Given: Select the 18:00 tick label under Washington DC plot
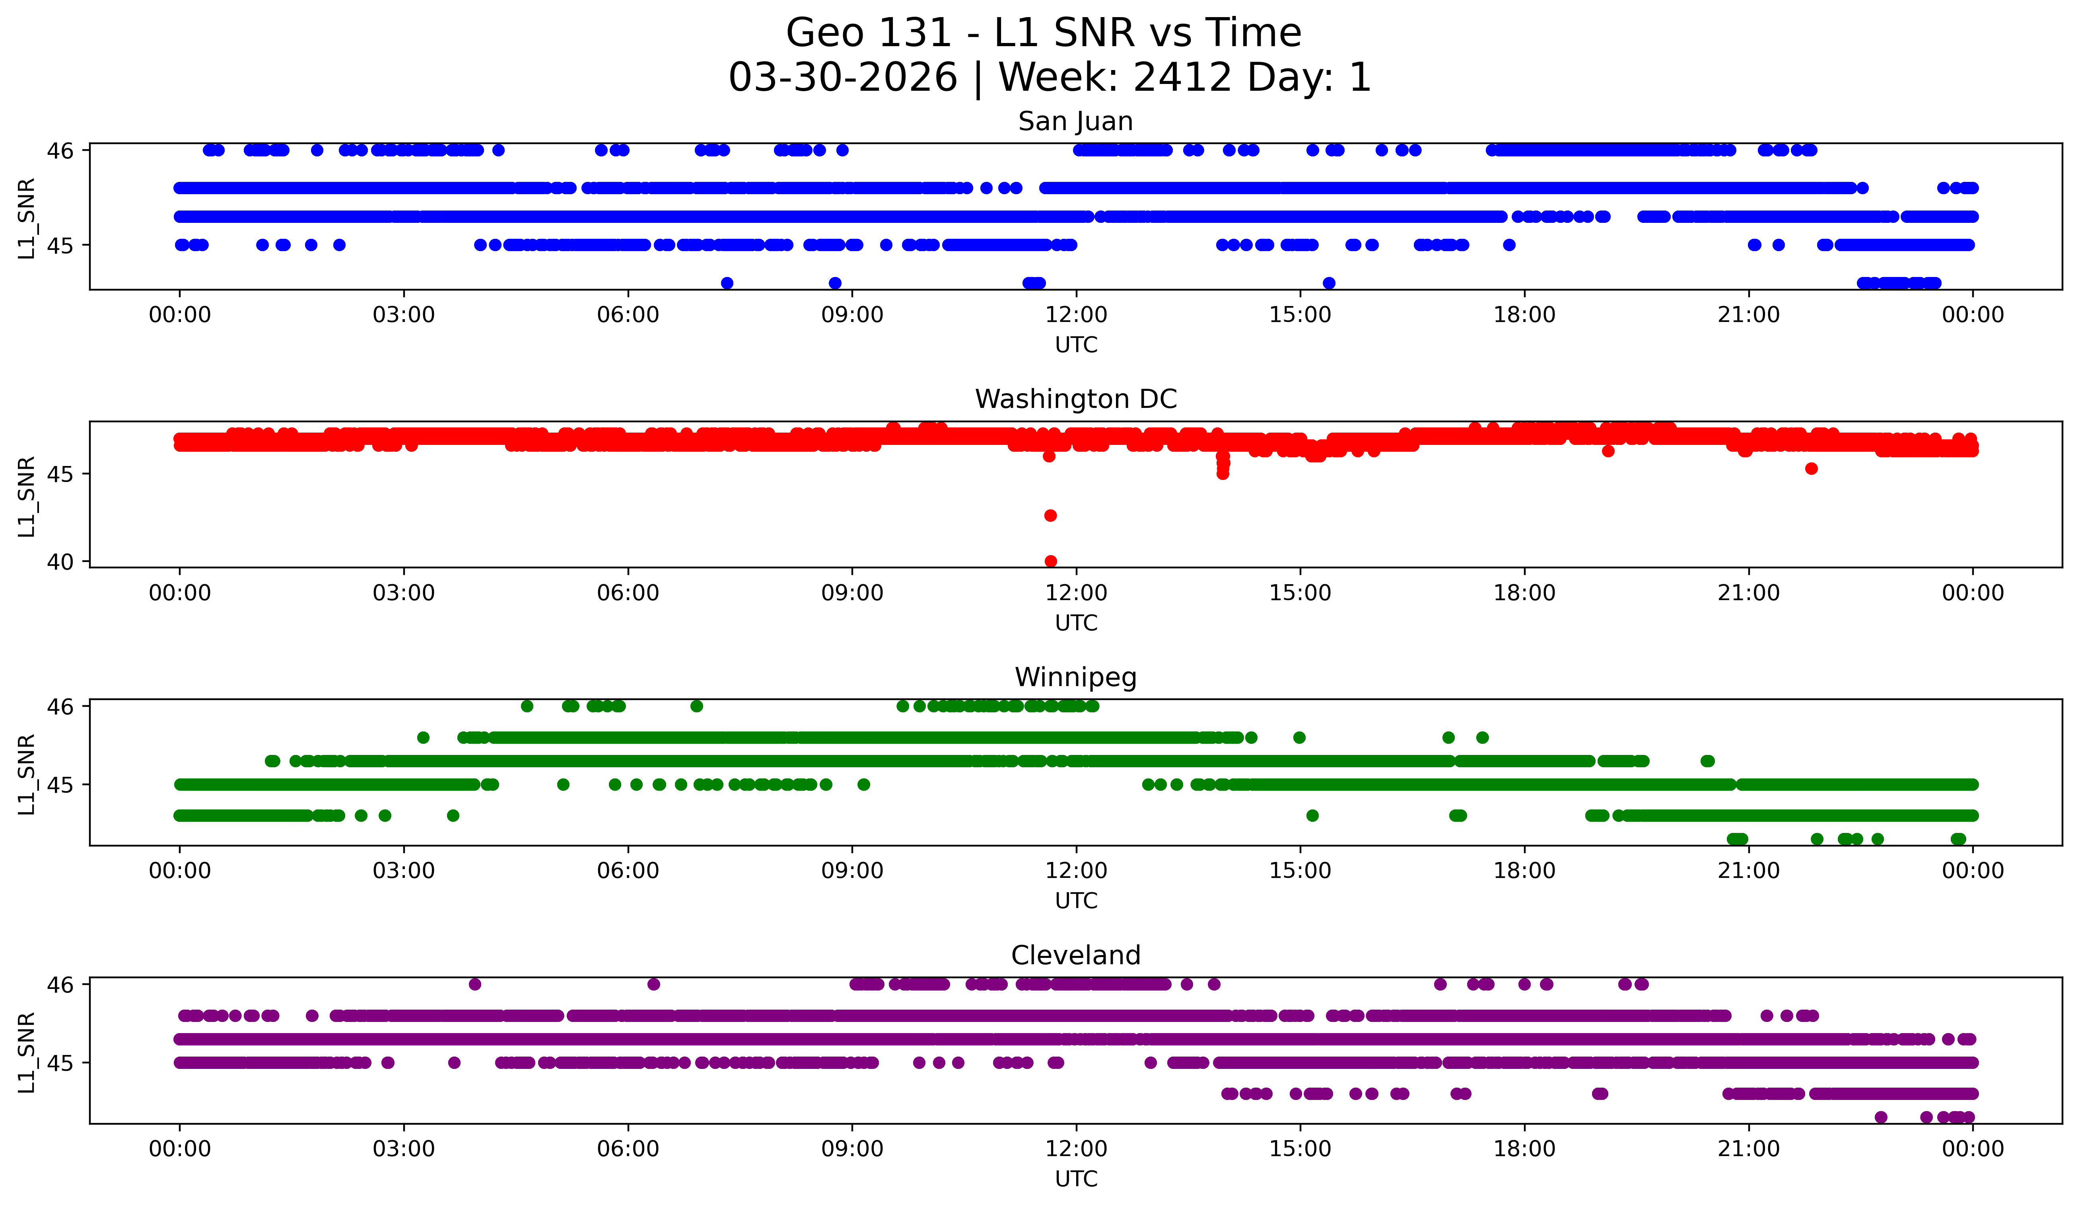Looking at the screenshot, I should pyautogui.click(x=1524, y=593).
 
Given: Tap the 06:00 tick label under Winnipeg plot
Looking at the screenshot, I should pyautogui.click(x=628, y=871).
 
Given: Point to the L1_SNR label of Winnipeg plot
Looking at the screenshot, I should pyautogui.click(x=26, y=774).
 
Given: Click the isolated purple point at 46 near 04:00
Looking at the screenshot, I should pyautogui.click(x=474, y=984).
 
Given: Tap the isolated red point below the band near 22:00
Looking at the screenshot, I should pyautogui.click(x=1811, y=469).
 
